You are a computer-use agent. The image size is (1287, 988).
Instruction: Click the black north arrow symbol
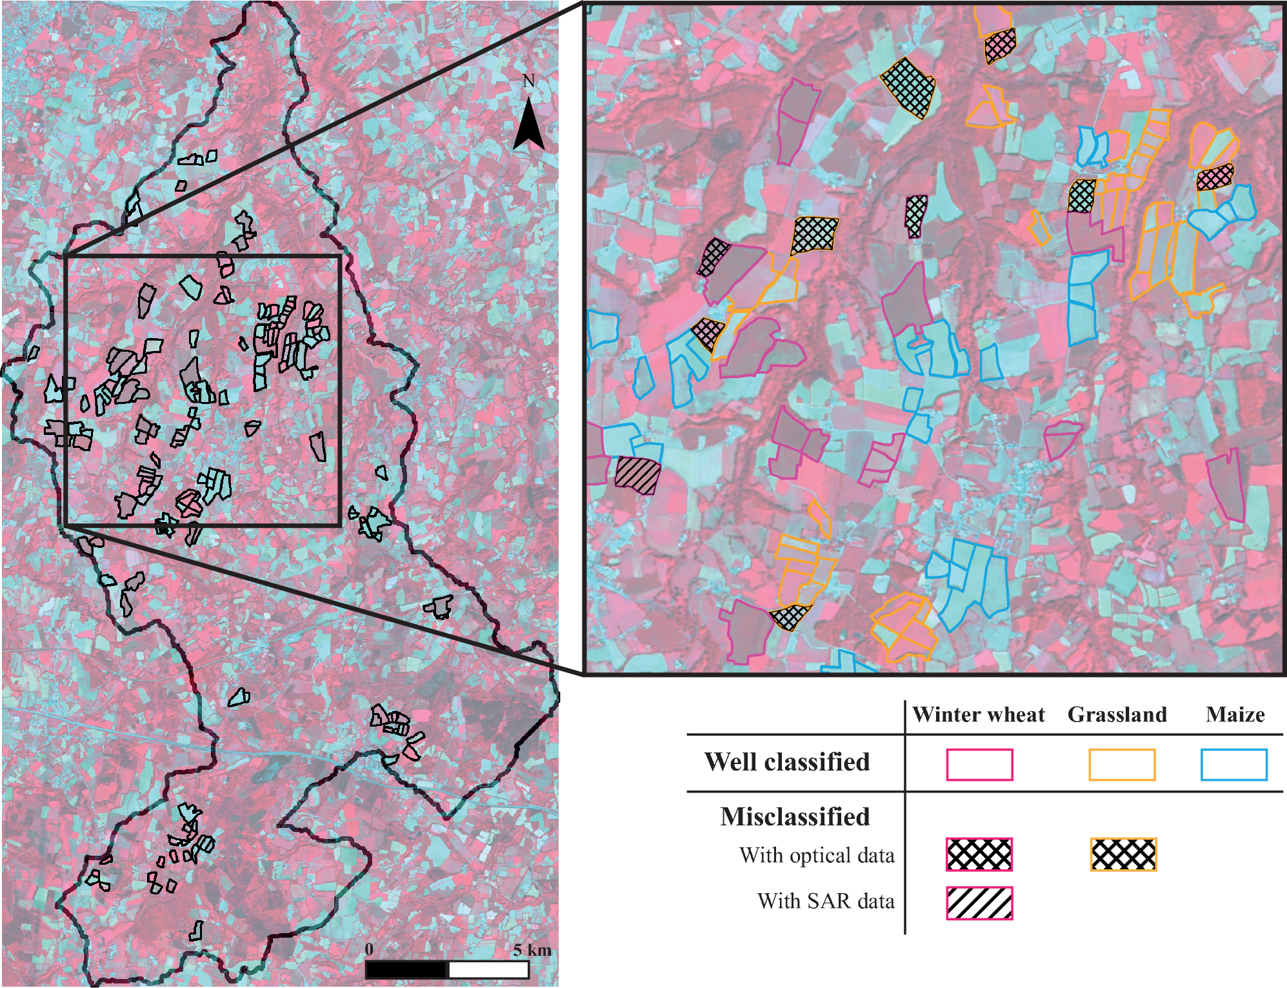tap(528, 126)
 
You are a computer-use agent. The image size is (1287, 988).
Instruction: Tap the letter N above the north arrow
tap(528, 81)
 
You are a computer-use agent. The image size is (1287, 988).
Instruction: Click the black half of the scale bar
tap(406, 969)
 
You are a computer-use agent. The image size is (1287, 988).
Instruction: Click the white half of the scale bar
tap(488, 969)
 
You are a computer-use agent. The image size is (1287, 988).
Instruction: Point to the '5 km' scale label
tap(532, 950)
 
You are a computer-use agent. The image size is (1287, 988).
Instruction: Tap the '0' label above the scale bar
tap(369, 949)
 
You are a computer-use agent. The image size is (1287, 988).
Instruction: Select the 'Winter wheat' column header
tap(978, 714)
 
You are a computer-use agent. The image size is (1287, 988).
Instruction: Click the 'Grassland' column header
tap(1117, 714)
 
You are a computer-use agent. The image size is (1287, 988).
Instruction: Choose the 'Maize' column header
tap(1235, 714)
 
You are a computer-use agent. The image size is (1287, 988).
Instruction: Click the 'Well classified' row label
tap(786, 762)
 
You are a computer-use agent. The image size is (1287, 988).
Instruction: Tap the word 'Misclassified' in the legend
tap(795, 817)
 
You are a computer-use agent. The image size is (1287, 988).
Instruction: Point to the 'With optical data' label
tap(817, 856)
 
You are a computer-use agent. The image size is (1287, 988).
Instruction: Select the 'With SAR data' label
tap(826, 901)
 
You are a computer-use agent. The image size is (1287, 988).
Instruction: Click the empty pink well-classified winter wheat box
tap(979, 765)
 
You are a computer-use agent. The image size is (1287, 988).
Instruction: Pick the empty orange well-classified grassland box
tap(1122, 765)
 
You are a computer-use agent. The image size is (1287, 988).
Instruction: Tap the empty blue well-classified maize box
tap(1234, 765)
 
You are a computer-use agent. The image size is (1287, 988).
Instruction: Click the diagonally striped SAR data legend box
tap(979, 903)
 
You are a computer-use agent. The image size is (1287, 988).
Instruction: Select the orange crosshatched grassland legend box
tap(1123, 854)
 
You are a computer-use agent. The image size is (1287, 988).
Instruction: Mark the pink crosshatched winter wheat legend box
tap(979, 854)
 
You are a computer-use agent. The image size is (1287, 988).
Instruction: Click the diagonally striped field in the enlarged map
tap(637, 475)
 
